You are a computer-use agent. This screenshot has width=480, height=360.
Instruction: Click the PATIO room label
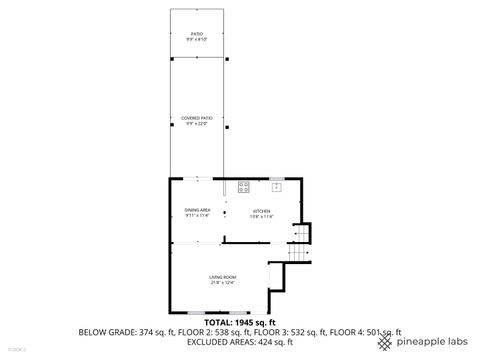[198, 34]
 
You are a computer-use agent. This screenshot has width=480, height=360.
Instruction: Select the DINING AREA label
[197, 209]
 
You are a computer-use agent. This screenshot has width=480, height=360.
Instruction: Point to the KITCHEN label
[261, 210]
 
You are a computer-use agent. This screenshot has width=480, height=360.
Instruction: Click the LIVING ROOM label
[222, 277]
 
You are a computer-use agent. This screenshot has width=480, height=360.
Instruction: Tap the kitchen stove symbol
[244, 186]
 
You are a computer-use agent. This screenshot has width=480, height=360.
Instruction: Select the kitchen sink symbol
[276, 186]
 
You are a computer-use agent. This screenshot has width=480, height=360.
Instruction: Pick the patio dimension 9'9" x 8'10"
[198, 39]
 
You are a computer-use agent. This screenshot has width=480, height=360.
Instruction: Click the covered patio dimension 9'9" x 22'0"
[198, 123]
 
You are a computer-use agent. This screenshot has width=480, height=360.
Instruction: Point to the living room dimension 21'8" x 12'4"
[222, 283]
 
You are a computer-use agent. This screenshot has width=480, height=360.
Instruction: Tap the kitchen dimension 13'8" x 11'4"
[261, 215]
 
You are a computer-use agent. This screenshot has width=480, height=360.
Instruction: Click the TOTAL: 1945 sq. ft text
[240, 322]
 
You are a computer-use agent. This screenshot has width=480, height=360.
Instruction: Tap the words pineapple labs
[431, 342]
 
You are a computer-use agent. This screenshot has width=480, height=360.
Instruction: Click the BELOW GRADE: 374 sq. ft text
[123, 332]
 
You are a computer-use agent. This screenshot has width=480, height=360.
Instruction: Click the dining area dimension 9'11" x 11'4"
[197, 215]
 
